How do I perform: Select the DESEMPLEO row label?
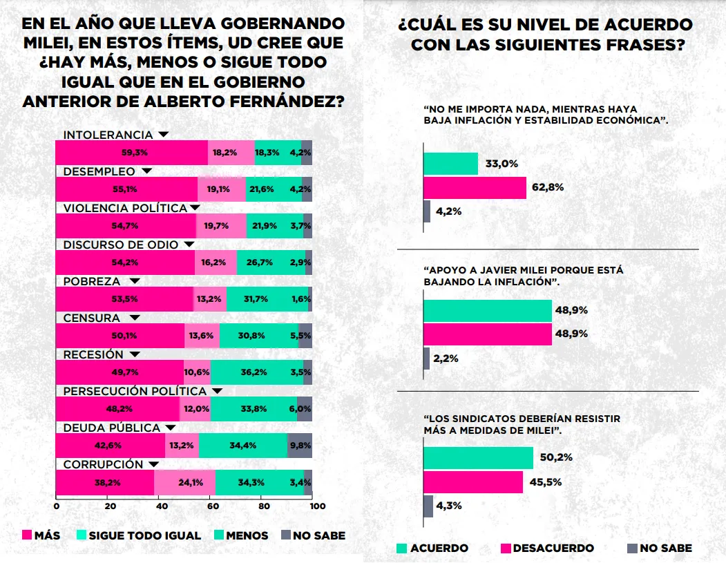tap(99, 171)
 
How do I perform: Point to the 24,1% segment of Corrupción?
tap(184, 482)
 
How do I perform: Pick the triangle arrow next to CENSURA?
tap(135, 318)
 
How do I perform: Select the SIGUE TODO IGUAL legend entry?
tap(144, 535)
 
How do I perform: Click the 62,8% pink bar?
tap(475, 188)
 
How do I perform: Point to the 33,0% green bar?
tap(450, 164)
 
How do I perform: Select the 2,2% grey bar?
tap(426, 359)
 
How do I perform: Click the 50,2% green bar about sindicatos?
tap(478, 458)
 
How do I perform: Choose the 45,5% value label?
tap(546, 481)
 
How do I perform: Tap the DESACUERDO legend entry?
tap(551, 548)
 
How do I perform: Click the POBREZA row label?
tap(92, 281)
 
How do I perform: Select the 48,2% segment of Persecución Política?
tap(117, 409)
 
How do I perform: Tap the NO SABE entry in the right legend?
tap(665, 548)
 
